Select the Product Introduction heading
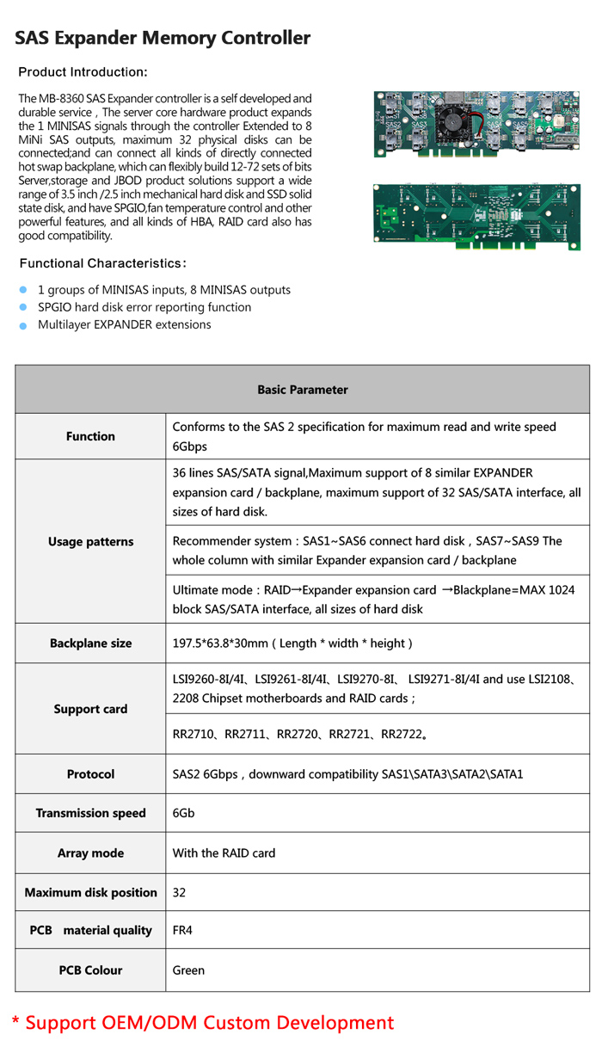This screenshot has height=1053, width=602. [x=83, y=71]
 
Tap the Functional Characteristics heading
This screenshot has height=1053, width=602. [x=103, y=263]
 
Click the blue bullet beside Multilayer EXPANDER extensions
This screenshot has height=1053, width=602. [x=25, y=325]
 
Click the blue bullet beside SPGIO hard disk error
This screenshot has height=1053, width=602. [x=25, y=307]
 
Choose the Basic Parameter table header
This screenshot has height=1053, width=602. [x=302, y=390]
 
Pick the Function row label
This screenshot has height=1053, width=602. [x=90, y=436]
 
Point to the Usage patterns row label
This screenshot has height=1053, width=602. [x=90, y=542]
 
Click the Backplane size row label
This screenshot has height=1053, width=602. [x=90, y=643]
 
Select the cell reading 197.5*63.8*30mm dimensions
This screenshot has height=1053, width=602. [x=292, y=643]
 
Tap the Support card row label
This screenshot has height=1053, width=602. [x=90, y=709]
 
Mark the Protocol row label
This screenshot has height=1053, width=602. [x=90, y=774]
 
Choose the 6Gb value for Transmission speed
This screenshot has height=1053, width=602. [x=182, y=813]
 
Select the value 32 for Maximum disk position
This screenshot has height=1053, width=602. [x=180, y=892]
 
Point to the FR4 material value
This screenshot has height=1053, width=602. [x=182, y=930]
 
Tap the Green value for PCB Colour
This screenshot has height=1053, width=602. [x=188, y=970]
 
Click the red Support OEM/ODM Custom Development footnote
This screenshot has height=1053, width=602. [x=202, y=1023]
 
